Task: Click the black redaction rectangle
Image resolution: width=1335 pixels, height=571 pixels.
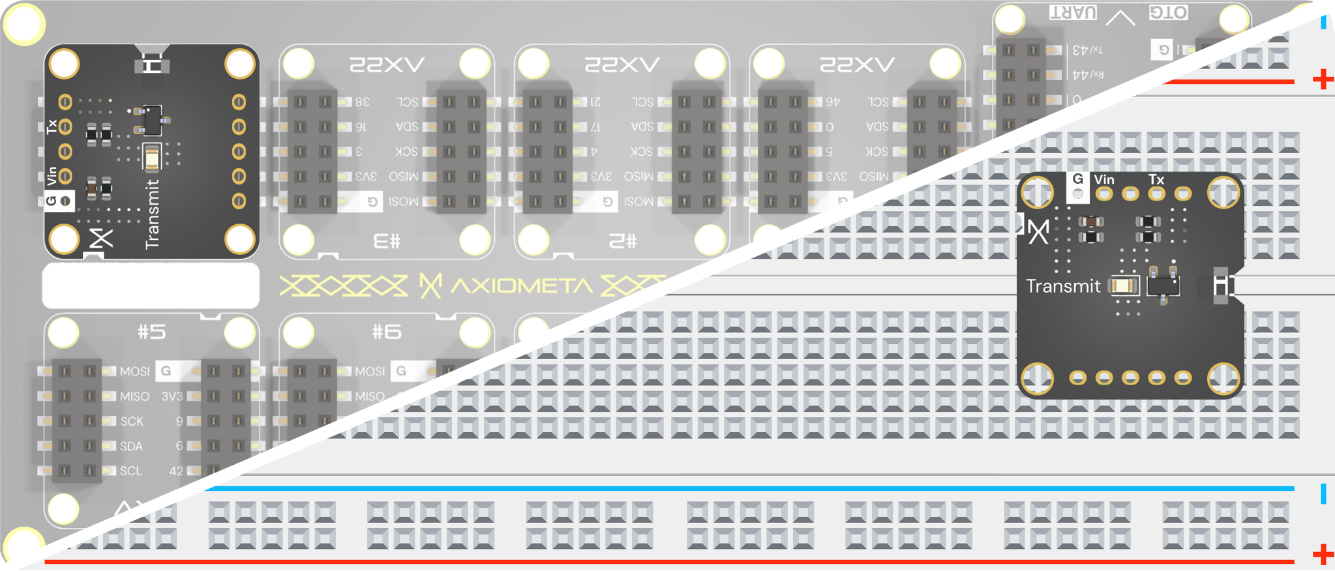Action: coord(151,285)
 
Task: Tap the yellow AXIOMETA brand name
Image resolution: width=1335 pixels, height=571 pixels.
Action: coord(521,285)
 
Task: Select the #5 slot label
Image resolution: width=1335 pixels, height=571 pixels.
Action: coord(151,332)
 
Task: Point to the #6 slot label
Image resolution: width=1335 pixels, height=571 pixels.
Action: coord(386,332)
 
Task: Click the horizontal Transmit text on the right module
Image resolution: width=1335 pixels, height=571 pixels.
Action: coord(1063,286)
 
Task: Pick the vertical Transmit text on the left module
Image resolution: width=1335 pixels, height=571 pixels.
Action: coord(152,214)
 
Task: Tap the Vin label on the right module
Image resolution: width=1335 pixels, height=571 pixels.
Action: coord(1104,179)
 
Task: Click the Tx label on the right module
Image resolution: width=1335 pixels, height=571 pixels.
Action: coord(1156,179)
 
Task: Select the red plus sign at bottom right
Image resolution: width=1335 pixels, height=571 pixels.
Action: coord(1323,555)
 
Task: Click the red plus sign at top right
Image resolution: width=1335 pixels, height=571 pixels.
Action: coord(1323,80)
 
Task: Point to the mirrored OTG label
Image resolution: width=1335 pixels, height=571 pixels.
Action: coord(1168,12)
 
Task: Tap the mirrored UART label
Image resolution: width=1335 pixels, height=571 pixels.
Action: coord(1073,12)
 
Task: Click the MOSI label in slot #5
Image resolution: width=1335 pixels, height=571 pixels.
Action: coord(134,371)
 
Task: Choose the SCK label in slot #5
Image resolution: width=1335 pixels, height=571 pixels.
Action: coord(132,421)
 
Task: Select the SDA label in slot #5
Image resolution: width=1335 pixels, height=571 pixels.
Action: coord(131,447)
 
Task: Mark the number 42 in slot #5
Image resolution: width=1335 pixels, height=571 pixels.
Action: coord(176,471)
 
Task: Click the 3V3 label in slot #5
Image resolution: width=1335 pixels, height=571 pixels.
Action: coord(172,396)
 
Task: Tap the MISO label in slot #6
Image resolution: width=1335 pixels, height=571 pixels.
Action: coord(370,396)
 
